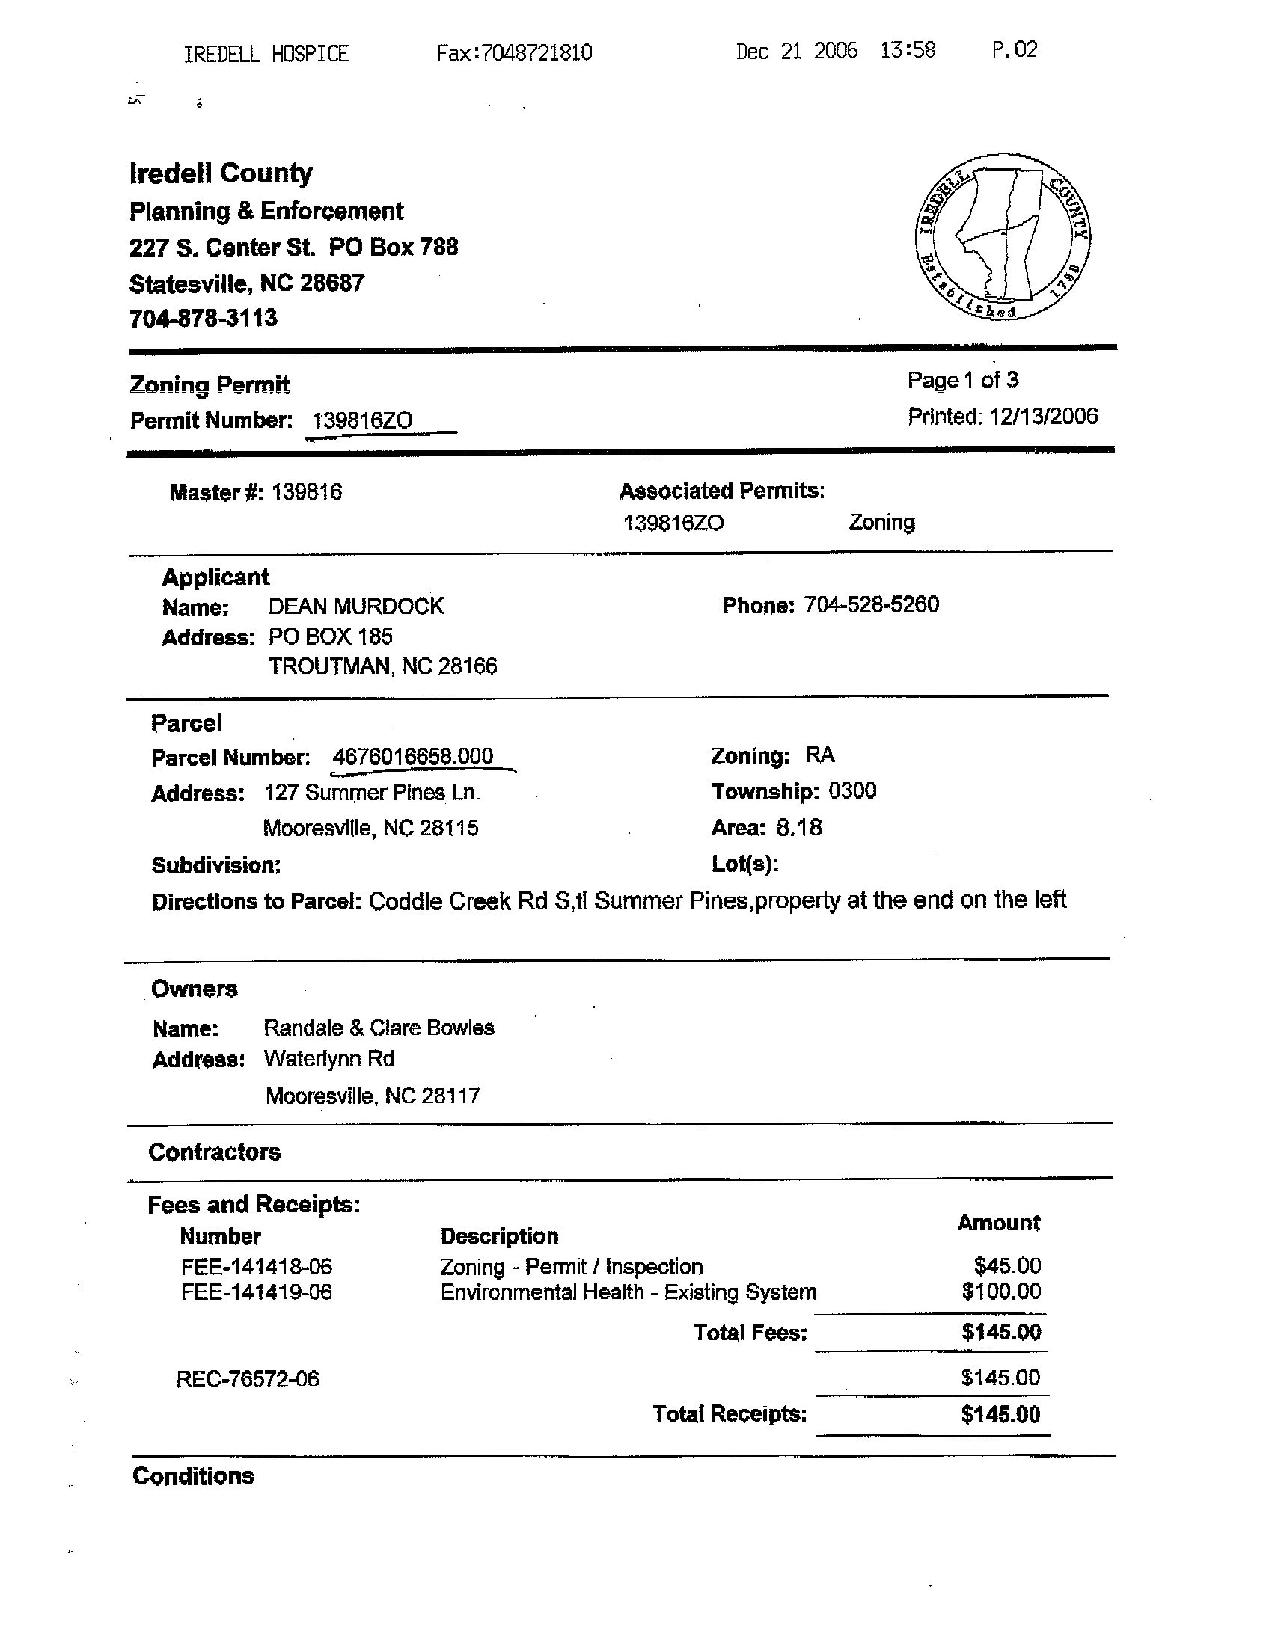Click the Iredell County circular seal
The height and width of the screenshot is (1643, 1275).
point(1003,236)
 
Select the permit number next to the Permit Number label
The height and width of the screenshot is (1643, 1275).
point(362,420)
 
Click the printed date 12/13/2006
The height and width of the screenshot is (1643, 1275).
point(1044,416)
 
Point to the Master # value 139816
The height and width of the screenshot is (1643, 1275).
point(306,492)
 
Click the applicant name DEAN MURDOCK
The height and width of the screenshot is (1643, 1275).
point(356,606)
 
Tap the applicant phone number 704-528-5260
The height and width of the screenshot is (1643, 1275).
point(871,605)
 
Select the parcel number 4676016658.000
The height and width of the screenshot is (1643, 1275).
point(412,756)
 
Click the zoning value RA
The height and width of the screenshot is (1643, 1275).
point(819,755)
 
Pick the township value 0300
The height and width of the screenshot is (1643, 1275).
point(852,791)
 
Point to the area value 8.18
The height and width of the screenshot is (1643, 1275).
point(799,828)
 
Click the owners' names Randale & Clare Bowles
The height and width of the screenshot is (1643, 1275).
point(379,1028)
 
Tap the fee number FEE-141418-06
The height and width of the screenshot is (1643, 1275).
point(256,1267)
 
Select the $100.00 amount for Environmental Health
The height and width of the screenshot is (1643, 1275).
point(1001,1292)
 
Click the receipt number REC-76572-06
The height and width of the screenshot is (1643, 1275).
point(248,1379)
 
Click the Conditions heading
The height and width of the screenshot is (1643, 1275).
point(194,1476)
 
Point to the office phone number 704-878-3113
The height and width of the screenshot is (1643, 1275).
point(204,319)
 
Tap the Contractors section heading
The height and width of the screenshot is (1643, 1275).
point(215,1152)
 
